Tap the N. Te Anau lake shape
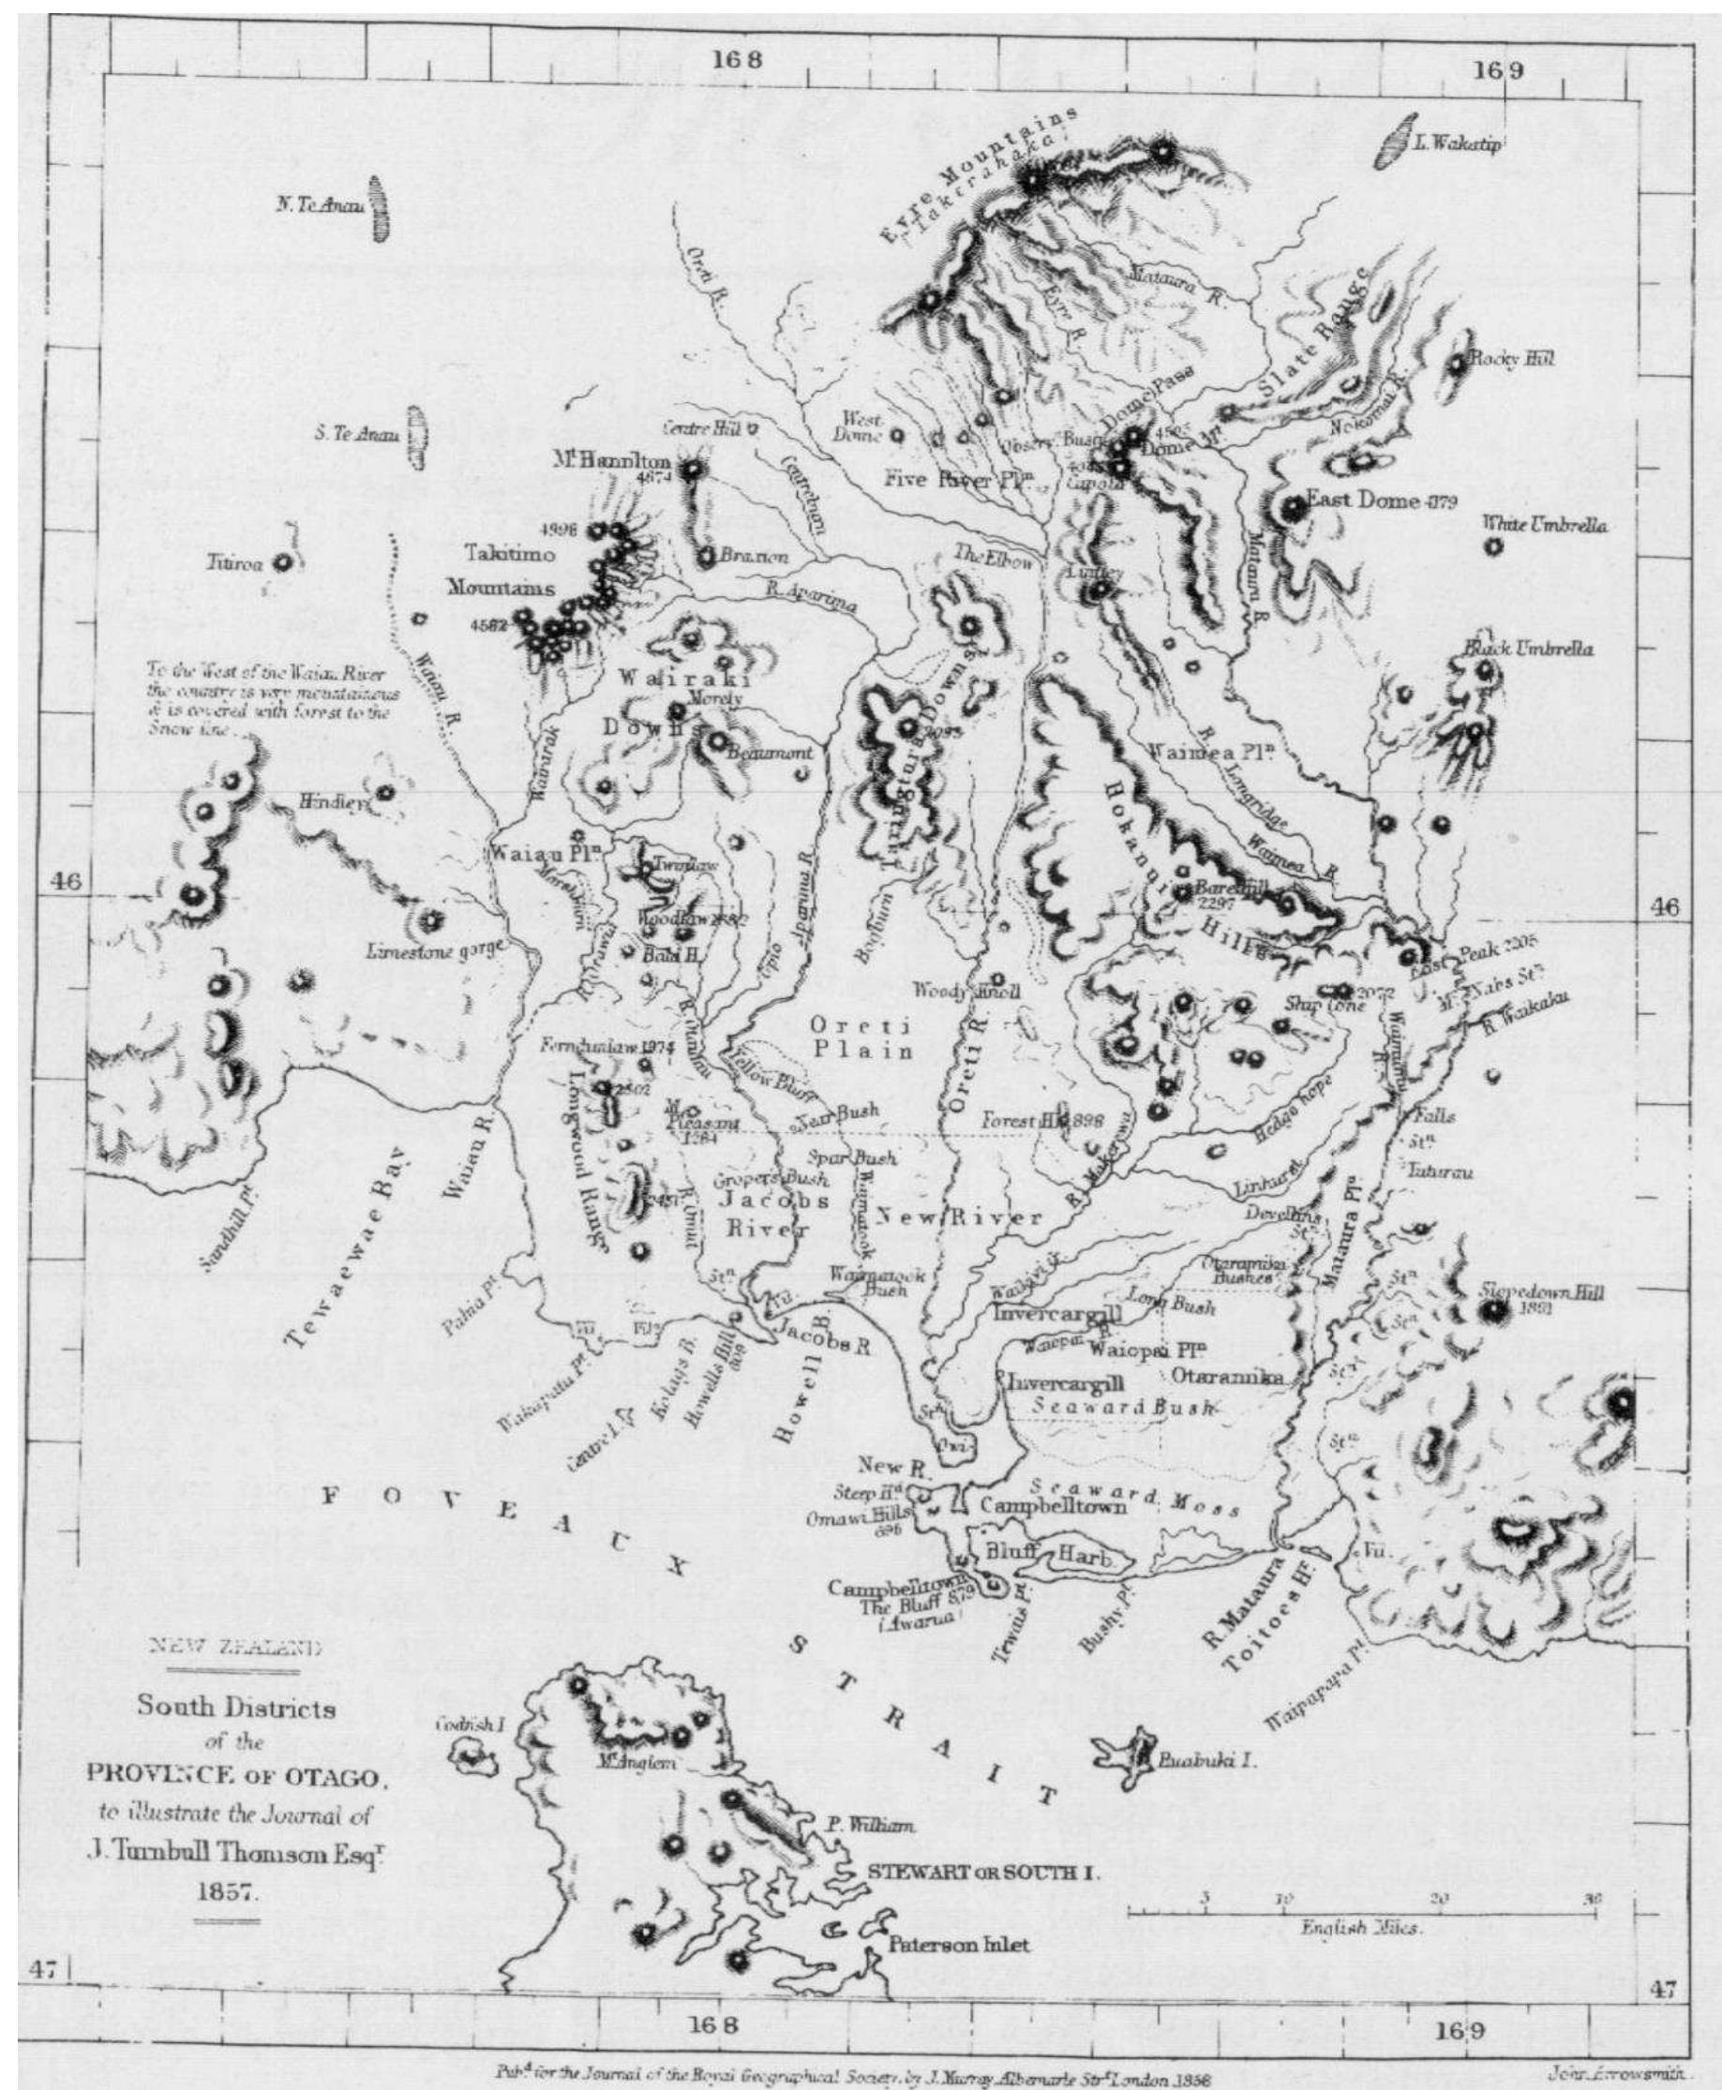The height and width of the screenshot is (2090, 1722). click(377, 208)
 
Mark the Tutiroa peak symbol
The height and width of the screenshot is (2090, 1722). click(283, 563)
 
